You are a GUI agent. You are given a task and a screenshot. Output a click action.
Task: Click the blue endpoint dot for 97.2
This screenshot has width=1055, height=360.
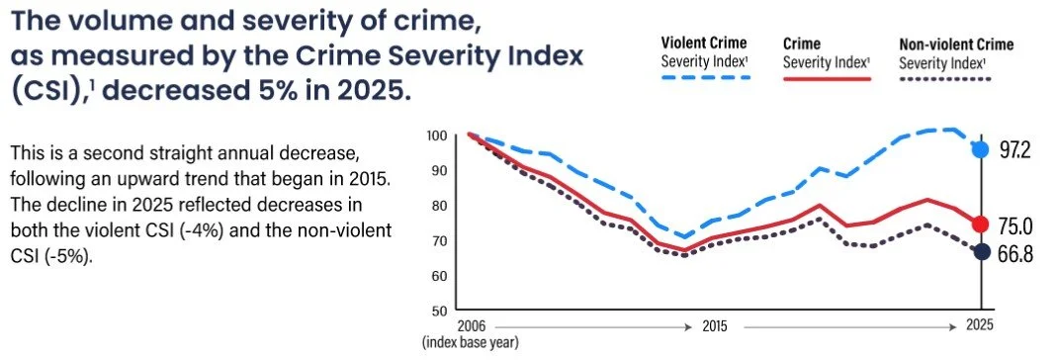(982, 149)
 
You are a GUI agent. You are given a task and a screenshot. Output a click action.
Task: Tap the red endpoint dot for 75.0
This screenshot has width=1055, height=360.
(982, 225)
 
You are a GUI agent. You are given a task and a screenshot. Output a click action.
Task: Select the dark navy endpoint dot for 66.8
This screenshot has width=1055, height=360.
(982, 251)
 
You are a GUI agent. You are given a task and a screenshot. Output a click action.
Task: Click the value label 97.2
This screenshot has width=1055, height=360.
(1015, 150)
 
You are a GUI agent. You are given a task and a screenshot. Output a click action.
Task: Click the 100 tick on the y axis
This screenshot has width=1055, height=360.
(437, 135)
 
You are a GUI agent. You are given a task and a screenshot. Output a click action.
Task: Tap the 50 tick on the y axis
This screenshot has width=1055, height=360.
(440, 311)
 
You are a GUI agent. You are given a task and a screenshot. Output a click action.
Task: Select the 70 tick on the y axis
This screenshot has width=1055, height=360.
(440, 240)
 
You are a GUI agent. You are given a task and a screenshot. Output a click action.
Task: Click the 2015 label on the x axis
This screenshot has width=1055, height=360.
(715, 326)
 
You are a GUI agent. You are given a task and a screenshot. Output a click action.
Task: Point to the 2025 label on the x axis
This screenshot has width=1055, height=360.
(980, 326)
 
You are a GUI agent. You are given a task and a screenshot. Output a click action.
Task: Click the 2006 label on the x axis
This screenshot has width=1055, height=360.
(471, 326)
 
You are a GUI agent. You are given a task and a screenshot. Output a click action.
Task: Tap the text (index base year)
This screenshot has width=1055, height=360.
(471, 342)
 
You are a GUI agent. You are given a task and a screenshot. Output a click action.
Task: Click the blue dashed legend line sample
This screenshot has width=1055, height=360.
(704, 78)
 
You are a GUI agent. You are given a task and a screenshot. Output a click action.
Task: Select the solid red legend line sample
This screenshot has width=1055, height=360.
(827, 78)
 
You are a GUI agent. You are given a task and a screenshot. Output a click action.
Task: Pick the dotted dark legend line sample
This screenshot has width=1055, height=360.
(945, 78)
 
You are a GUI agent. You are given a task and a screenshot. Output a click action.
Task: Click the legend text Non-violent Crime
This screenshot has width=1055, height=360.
(956, 45)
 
